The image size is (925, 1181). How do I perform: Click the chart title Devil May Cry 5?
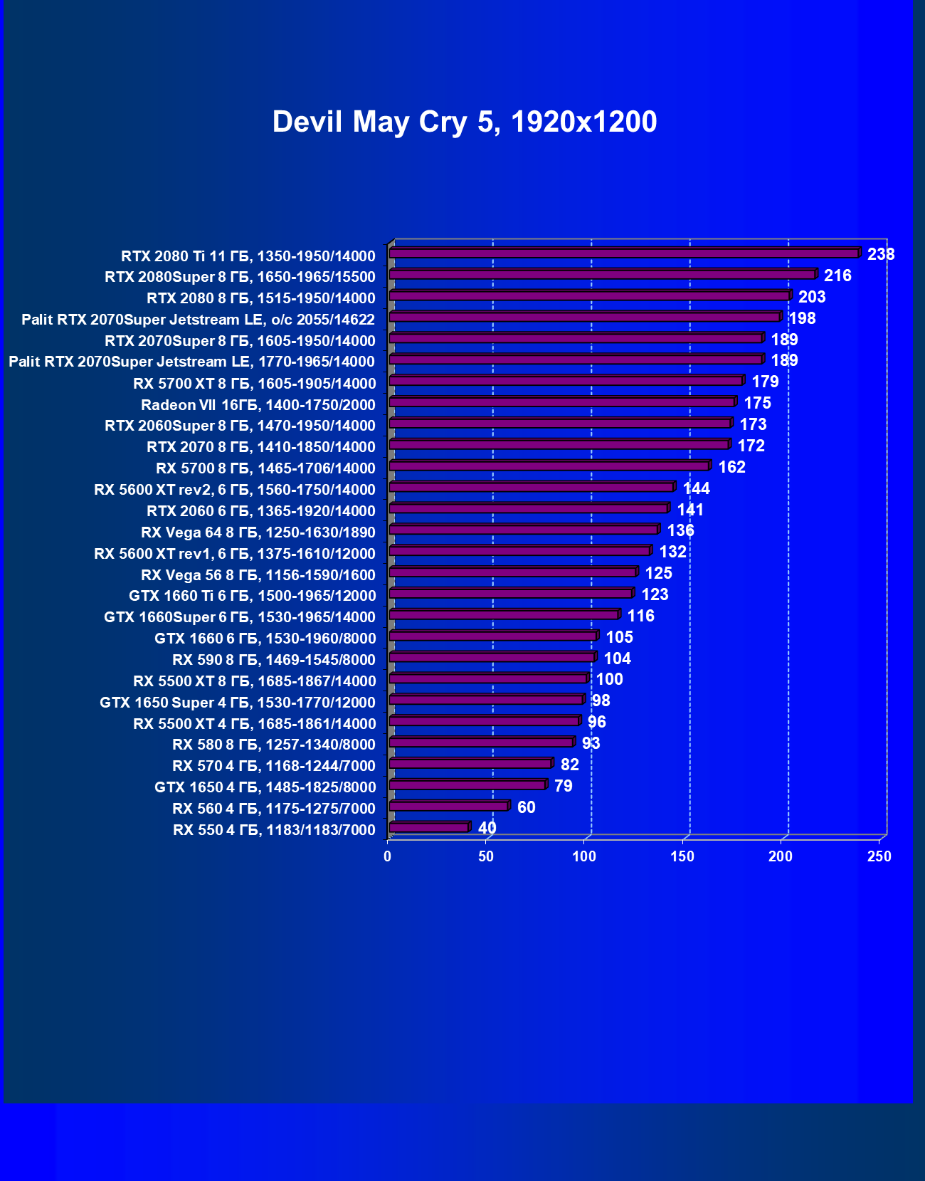click(464, 122)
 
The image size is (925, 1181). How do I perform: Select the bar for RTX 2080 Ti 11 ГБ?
click(623, 253)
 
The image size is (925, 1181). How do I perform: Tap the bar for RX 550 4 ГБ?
click(428, 827)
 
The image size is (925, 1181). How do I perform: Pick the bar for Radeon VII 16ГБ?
click(561, 402)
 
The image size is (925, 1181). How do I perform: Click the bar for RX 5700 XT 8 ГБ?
click(566, 381)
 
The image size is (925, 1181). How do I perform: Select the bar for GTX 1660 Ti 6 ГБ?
click(510, 594)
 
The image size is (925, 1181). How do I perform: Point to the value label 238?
click(880, 254)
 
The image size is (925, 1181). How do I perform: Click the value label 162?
click(731, 467)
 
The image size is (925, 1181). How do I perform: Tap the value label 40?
click(487, 828)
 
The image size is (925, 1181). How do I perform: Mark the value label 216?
click(837, 275)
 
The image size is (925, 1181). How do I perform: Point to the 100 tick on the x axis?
click(584, 856)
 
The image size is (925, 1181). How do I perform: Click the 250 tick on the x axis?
click(879, 856)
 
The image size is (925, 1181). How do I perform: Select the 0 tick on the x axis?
click(388, 856)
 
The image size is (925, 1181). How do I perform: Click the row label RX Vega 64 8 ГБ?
click(258, 532)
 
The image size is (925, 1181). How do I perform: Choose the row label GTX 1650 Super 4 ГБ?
click(237, 703)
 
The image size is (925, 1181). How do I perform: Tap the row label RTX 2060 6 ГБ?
click(260, 511)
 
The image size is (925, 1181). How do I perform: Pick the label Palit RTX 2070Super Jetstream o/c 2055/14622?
click(198, 320)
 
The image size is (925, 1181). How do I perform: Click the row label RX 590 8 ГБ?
click(273, 660)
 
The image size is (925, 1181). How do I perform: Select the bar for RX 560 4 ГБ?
click(448, 806)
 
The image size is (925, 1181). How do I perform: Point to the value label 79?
click(563, 786)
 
